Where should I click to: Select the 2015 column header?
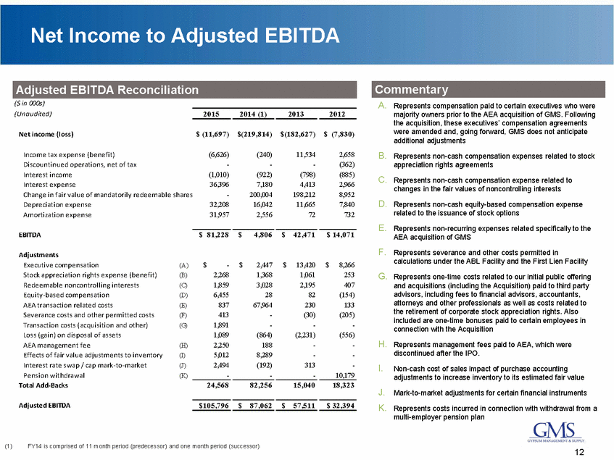click(x=209, y=114)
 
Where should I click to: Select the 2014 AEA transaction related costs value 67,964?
click(x=254, y=326)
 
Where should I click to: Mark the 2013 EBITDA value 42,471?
click(x=299, y=235)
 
